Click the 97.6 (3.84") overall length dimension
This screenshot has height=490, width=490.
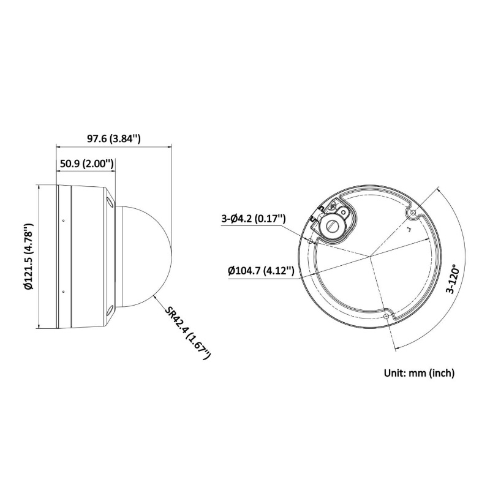tap(114, 139)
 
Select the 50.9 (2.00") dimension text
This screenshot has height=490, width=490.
tap(86, 164)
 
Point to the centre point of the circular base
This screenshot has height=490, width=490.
tap(369, 257)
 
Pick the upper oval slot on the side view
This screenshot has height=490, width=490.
tap(109, 202)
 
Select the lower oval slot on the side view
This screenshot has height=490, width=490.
tap(109, 311)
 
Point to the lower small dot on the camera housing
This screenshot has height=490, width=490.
tap(62, 292)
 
